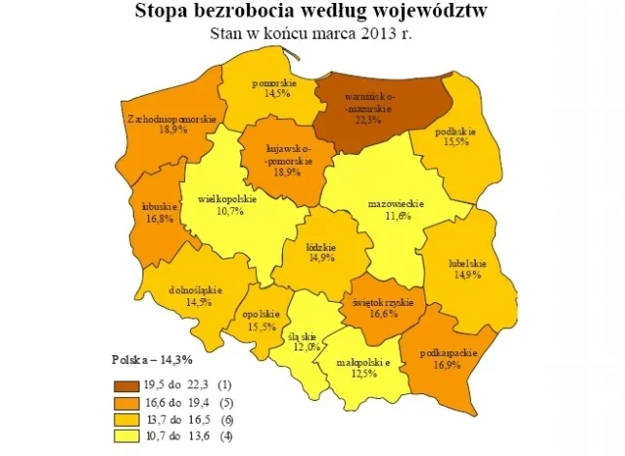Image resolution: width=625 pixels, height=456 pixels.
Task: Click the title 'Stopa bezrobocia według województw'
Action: (x=313, y=13)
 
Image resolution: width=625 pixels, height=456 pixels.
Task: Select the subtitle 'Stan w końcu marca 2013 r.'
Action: (x=313, y=33)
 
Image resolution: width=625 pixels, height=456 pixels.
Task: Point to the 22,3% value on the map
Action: (x=365, y=120)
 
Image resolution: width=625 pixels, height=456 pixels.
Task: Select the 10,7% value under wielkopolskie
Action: (x=229, y=211)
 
